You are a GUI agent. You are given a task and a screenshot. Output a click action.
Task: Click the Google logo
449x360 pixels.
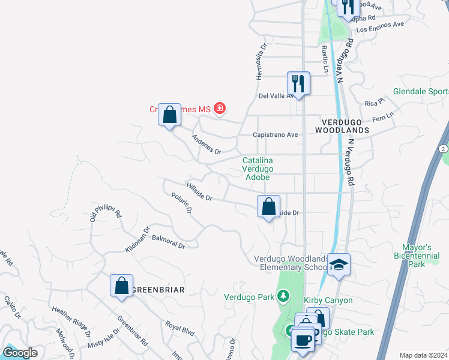click(20, 353)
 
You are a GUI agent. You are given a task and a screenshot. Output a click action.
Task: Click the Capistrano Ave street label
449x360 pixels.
click(276, 135)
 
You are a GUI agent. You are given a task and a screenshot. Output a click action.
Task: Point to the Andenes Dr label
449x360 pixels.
click(206, 144)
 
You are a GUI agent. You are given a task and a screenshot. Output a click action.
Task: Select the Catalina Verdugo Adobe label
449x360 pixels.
click(258, 169)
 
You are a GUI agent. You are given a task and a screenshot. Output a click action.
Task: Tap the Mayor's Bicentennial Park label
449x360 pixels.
click(425, 256)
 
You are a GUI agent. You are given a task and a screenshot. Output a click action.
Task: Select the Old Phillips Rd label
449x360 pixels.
click(106, 215)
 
